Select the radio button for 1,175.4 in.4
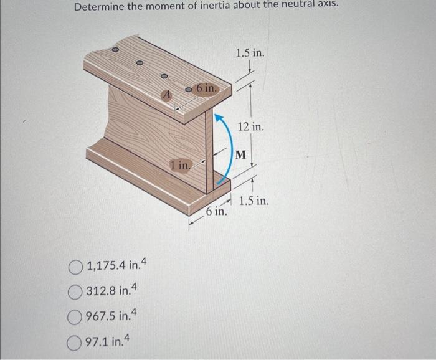pyautogui.click(x=76, y=268)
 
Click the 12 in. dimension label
pyautogui.click(x=251, y=126)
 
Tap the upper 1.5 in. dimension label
pyautogui.click(x=250, y=53)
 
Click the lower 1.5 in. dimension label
pyautogui.click(x=254, y=201)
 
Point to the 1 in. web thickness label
pyautogui.click(x=180, y=165)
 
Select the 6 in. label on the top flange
pyautogui.click(x=206, y=88)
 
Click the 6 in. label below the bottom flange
pyautogui.click(x=216, y=212)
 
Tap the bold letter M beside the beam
pyautogui.click(x=241, y=153)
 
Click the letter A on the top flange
pyautogui.click(x=166, y=95)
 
